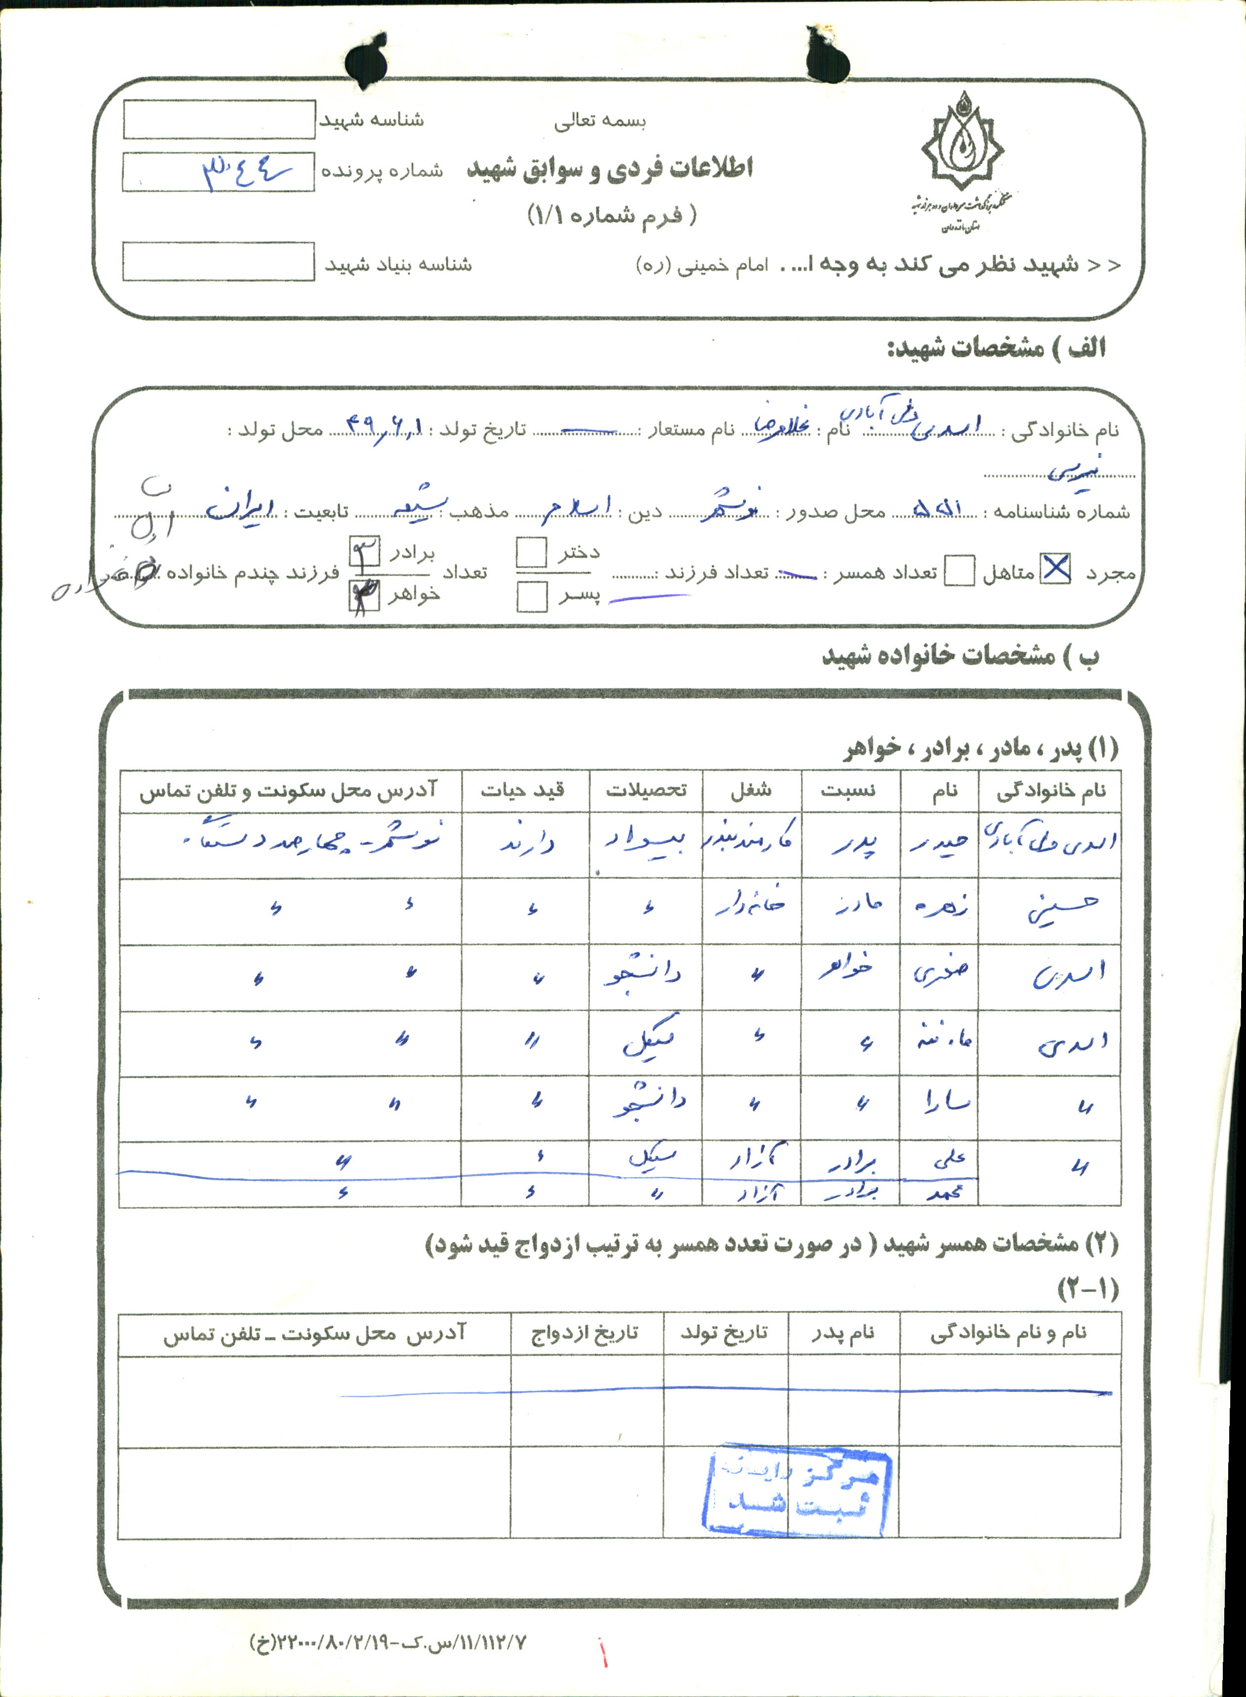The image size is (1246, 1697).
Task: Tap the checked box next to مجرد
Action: click(x=1055, y=569)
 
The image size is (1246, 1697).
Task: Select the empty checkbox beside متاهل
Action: click(x=959, y=571)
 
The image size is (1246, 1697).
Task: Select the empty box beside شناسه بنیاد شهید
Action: click(x=218, y=262)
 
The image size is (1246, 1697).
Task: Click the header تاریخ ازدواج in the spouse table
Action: click(x=585, y=1334)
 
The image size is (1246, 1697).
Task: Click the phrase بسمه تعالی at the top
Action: click(x=600, y=120)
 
